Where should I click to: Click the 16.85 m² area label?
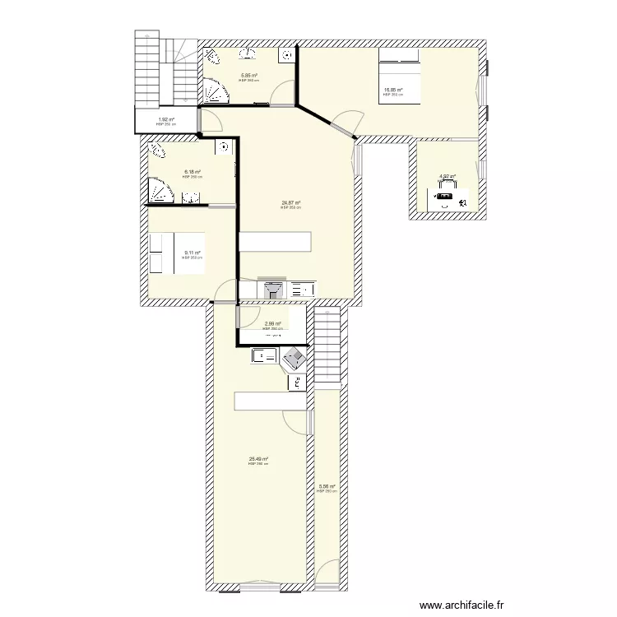[x=392, y=90]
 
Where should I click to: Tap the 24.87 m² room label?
[x=290, y=203]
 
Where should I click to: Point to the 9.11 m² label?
[x=193, y=253]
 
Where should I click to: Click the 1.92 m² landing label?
[x=166, y=120]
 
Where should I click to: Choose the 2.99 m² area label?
[x=273, y=324]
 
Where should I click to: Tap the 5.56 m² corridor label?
[x=327, y=486]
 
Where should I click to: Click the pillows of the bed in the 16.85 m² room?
[x=399, y=56]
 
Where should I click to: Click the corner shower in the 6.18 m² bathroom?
[x=160, y=192]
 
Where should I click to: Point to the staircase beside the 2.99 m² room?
[x=327, y=346]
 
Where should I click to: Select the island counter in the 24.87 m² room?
[x=275, y=241]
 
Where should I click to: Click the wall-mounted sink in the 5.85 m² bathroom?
[x=248, y=55]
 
